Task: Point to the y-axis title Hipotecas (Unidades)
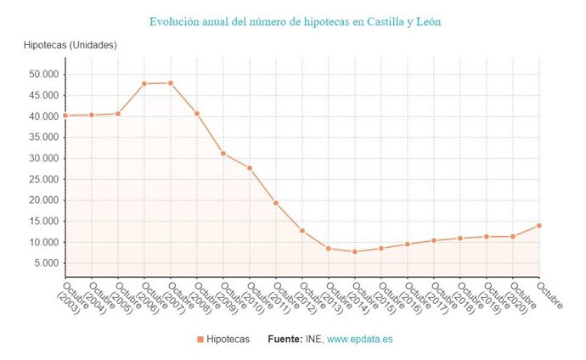point(70,44)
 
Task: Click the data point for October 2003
point(65,115)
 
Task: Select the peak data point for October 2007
point(171,82)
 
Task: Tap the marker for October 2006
point(144,83)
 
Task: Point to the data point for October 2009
point(223,154)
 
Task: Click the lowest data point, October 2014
point(355,251)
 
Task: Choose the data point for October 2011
point(276,203)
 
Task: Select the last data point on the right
point(539,225)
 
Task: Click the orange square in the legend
point(200,339)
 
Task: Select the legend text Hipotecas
point(228,339)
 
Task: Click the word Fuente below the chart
point(284,339)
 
